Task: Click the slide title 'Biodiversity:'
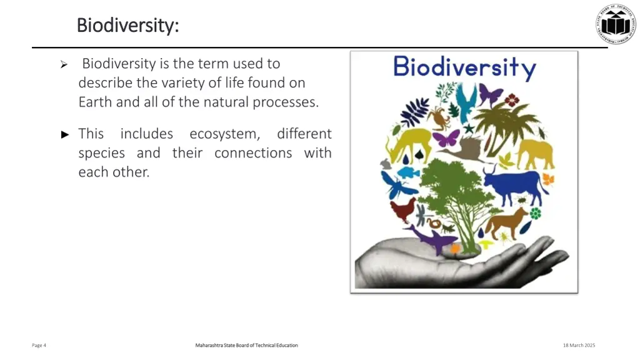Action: [127, 26]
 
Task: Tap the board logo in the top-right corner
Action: [615, 24]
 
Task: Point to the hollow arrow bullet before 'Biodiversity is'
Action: [63, 64]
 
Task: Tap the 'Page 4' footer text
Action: [39, 345]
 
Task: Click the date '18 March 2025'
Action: [579, 345]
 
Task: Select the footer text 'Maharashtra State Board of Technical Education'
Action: [246, 345]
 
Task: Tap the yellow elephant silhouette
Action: [535, 152]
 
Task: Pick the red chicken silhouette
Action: [402, 210]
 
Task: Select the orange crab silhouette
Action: [436, 116]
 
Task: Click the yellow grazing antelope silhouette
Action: [407, 144]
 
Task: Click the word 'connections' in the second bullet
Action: [253, 153]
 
